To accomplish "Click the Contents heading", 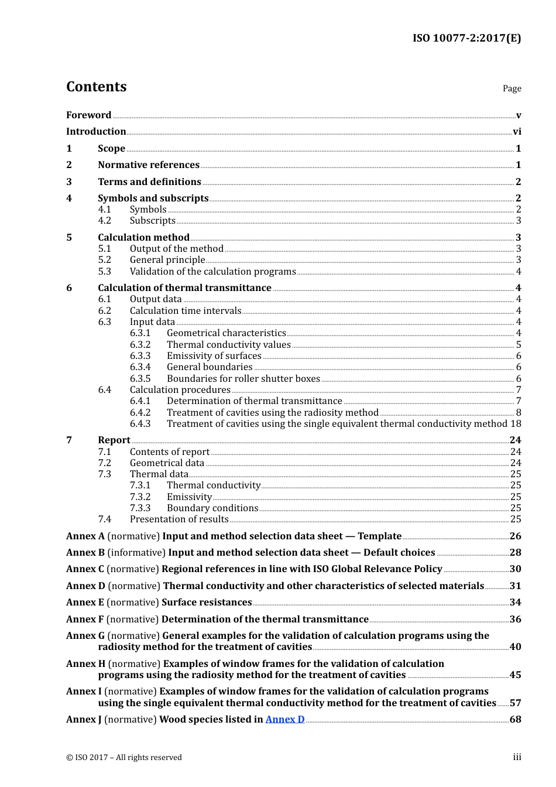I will [x=96, y=87].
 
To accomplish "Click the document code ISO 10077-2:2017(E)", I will [x=466, y=38].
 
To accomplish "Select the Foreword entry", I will [x=88, y=115].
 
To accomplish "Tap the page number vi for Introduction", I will [x=517, y=132].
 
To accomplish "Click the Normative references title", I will [x=149, y=165].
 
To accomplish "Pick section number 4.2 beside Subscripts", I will [x=104, y=221].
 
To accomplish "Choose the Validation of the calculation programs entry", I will [x=212, y=272].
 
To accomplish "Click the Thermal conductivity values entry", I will [x=228, y=345].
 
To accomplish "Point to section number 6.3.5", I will [x=140, y=379].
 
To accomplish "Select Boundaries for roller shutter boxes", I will [x=243, y=379].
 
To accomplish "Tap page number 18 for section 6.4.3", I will [x=516, y=424].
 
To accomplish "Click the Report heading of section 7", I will [x=114, y=440].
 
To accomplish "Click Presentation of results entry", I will [x=179, y=519].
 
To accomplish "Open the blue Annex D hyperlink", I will [x=285, y=720].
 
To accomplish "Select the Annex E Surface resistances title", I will [x=206, y=603].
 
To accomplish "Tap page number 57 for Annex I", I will [x=515, y=703].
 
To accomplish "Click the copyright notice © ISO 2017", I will [x=124, y=758].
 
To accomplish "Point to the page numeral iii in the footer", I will [x=517, y=758].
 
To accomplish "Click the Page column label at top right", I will [x=512, y=88].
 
